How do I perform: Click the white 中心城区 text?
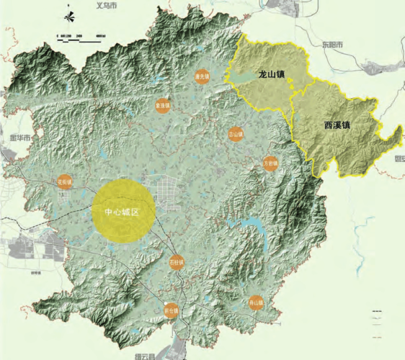[x=120, y=211]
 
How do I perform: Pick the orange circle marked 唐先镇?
[x=202, y=76]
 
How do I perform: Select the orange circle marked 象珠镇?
[x=163, y=104]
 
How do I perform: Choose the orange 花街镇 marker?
[x=66, y=183]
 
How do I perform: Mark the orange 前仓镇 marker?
[x=171, y=310]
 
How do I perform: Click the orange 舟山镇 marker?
[x=255, y=302]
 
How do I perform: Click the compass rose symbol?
[x=67, y=17]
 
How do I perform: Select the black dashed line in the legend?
[x=377, y=311]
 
